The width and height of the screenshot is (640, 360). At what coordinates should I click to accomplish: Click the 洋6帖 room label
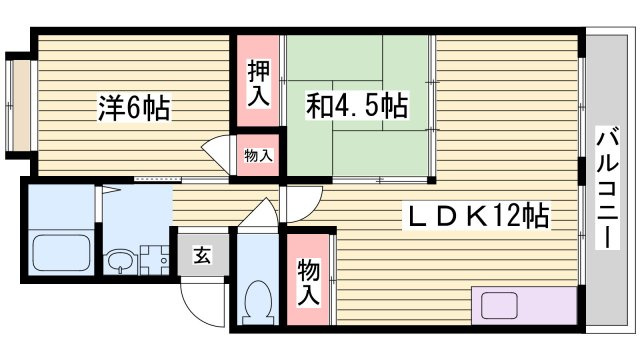[133, 107]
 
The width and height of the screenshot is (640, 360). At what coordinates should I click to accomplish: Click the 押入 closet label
[258, 84]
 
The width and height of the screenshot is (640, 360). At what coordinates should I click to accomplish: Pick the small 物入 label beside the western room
[258, 156]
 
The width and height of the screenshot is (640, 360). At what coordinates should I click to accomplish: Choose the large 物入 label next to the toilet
[308, 281]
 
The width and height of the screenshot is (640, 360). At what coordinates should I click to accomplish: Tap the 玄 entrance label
[202, 255]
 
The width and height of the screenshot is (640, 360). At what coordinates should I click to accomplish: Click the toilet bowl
[257, 297]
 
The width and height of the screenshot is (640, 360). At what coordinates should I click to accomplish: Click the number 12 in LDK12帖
[508, 215]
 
